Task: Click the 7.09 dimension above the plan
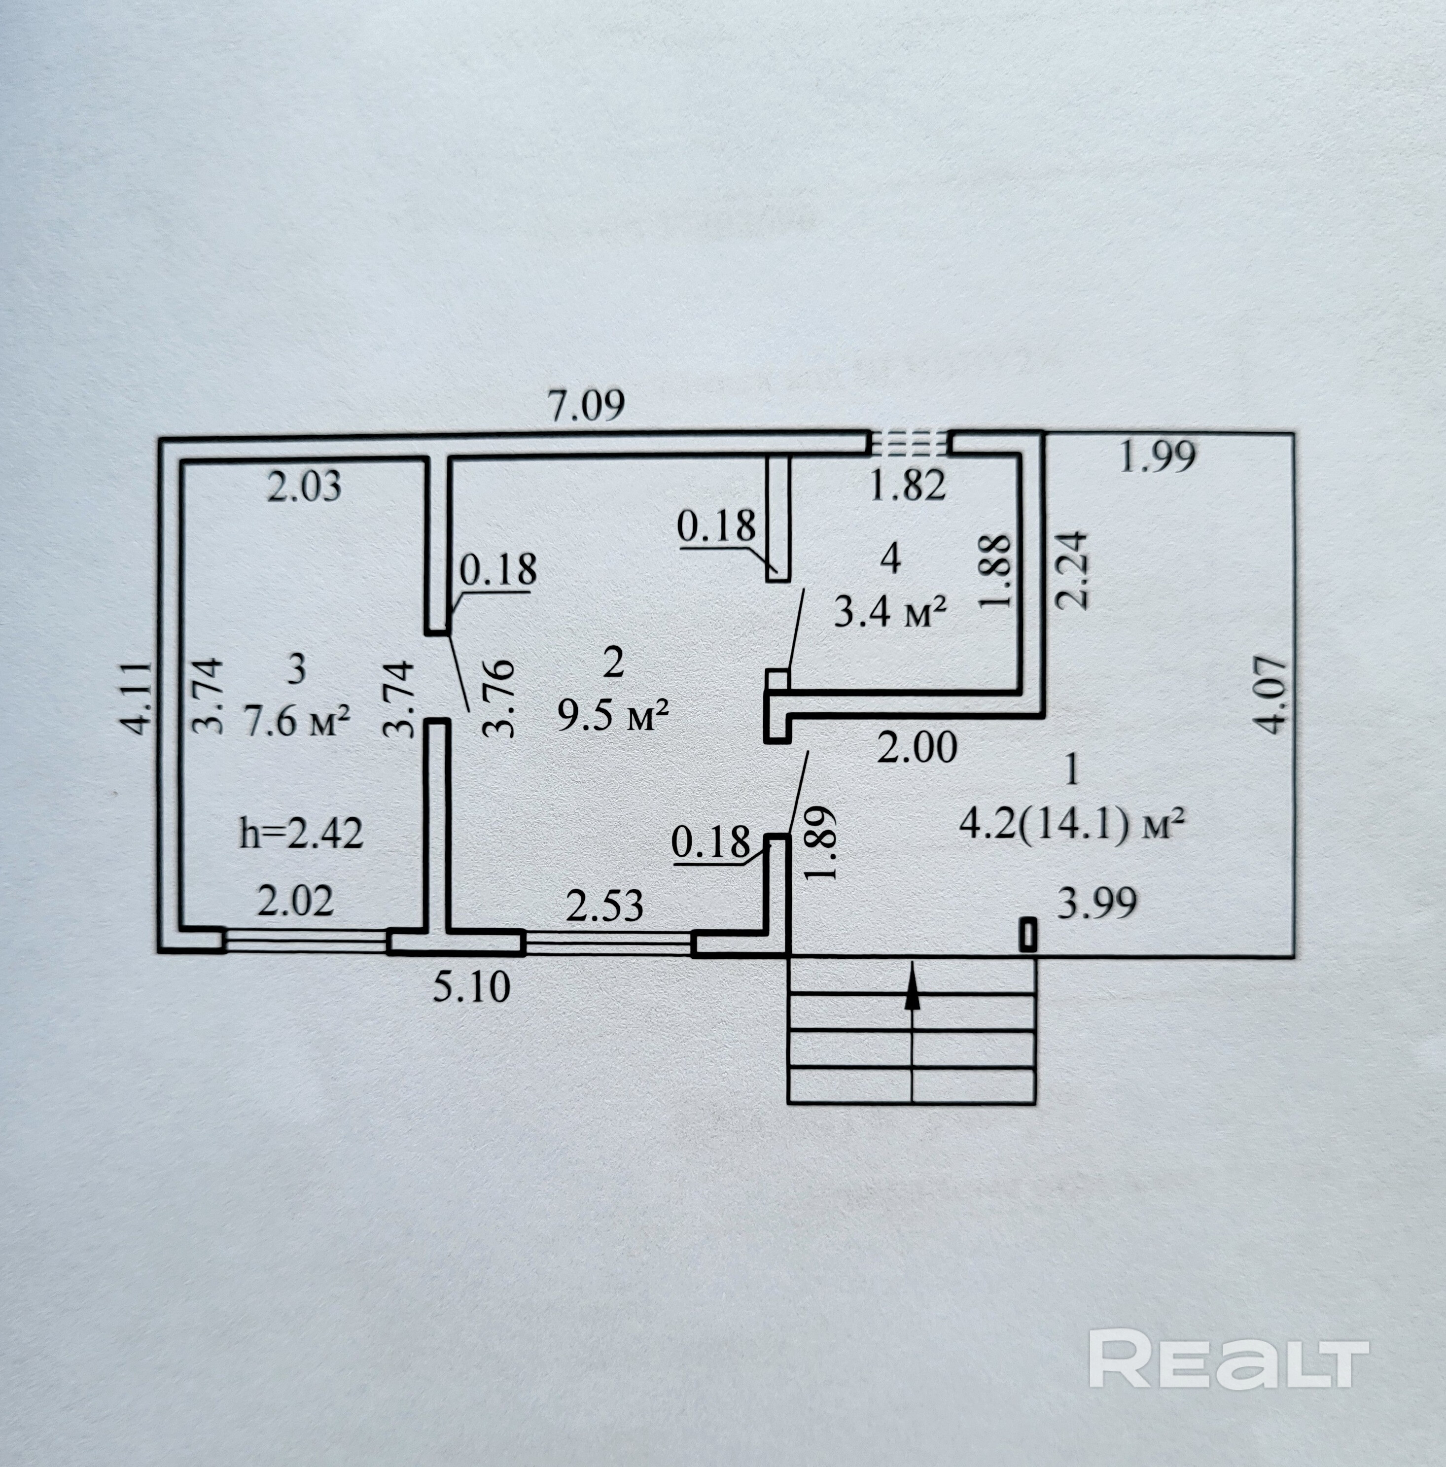coord(586,406)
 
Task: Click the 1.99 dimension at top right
coord(1158,457)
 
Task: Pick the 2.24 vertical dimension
coord(1073,569)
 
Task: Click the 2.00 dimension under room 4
coord(917,748)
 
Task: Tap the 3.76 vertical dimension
coord(500,699)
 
